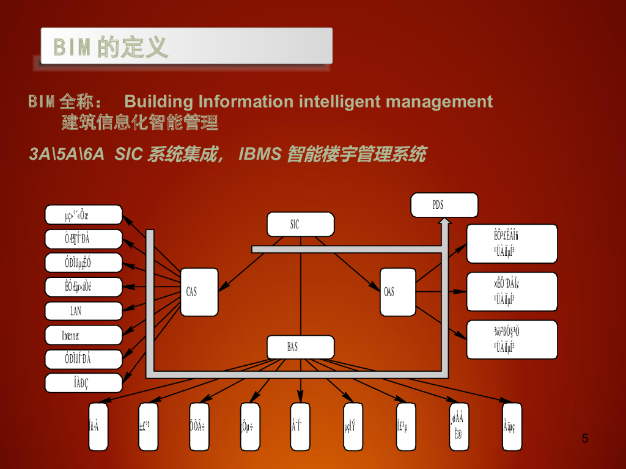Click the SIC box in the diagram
click(300, 224)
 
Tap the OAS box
click(397, 292)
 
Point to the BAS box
click(300, 347)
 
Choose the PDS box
click(444, 205)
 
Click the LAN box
click(84, 311)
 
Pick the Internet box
click(84, 335)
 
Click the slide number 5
click(585, 438)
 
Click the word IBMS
click(260, 155)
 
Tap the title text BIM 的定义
click(111, 47)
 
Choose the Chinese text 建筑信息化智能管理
click(140, 123)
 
